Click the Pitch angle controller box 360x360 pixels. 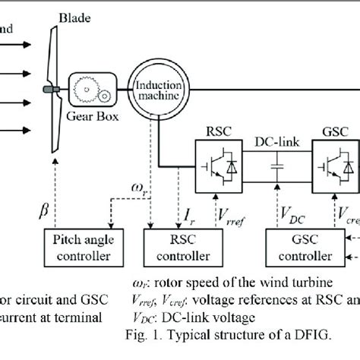(83, 247)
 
